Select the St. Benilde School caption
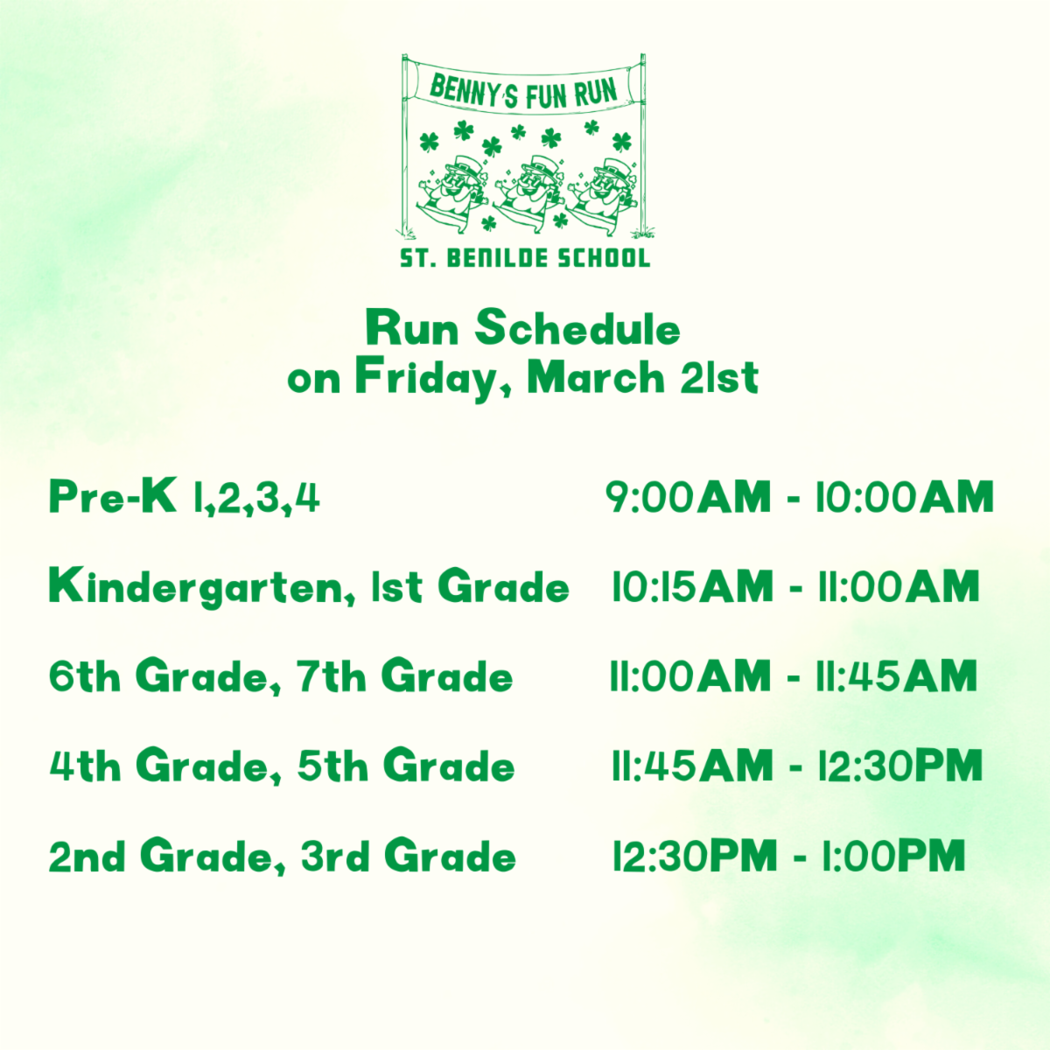[x=525, y=258]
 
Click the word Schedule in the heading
[x=577, y=329]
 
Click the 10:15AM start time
[x=692, y=587]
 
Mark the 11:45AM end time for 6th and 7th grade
[x=896, y=677]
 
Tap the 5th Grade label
[x=405, y=766]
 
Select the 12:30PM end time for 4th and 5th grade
[x=899, y=766]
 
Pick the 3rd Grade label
[x=408, y=856]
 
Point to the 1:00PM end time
[x=892, y=856]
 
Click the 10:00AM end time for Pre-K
[x=905, y=497]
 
